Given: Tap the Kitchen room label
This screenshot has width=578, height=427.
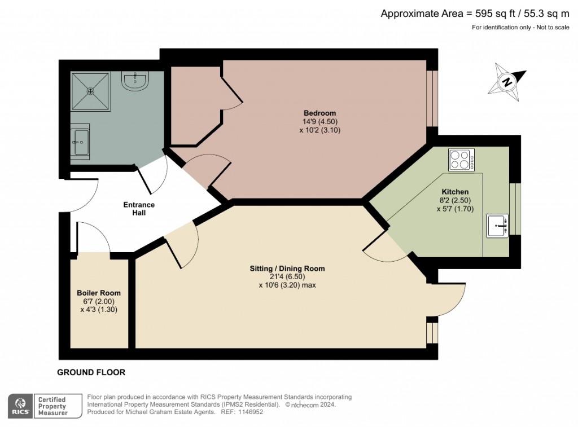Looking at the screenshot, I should [455, 192].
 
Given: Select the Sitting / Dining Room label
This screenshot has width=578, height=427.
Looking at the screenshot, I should [287, 268].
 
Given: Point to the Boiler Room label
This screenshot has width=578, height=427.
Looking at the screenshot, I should [99, 293].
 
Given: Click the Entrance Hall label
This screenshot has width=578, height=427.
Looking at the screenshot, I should [139, 209].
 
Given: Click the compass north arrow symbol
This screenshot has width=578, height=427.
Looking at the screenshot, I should [507, 82].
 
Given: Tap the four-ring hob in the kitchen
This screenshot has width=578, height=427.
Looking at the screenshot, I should [461, 160].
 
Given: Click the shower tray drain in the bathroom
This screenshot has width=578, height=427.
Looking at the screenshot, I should [90, 90].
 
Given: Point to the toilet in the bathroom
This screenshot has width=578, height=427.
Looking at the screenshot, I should [135, 82].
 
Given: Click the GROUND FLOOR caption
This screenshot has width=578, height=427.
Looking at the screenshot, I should [91, 372].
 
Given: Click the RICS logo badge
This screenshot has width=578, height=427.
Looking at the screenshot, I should [20, 405].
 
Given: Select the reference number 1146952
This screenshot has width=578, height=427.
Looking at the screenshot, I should [250, 412].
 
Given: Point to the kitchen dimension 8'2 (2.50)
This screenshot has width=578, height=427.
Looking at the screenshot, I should [455, 200].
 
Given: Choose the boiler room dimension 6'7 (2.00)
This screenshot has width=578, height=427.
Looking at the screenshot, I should [99, 301].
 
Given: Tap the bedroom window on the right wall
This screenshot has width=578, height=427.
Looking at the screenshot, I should [432, 98].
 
